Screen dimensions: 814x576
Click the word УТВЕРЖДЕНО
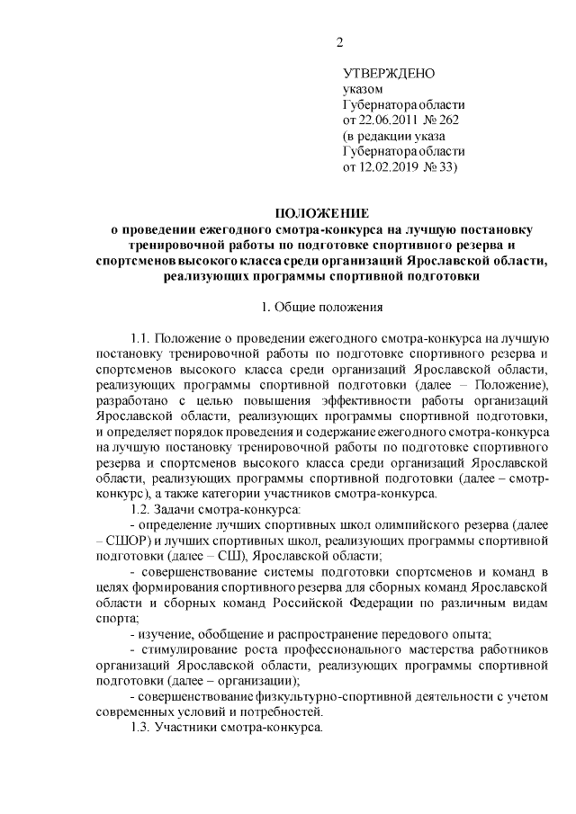click(x=389, y=73)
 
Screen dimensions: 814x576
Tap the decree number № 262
click(x=449, y=120)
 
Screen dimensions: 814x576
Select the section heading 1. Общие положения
click(x=321, y=308)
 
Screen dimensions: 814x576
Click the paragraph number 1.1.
click(x=141, y=338)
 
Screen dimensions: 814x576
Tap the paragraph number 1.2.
click(x=141, y=510)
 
